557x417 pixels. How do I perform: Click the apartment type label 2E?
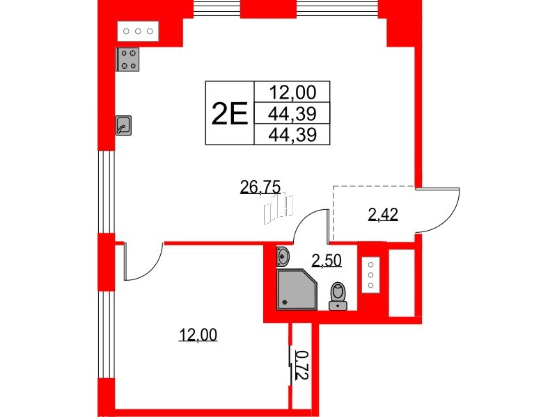click(x=229, y=113)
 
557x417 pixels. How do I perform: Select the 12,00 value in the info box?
click(x=292, y=92)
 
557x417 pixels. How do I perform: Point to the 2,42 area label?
click(x=382, y=215)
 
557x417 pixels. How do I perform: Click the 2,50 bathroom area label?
click(x=326, y=261)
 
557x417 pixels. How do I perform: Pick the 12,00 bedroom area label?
click(x=198, y=336)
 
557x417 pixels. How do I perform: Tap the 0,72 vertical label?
click(x=301, y=365)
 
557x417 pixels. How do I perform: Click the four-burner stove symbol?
click(x=127, y=59)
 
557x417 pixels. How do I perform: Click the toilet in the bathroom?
click(x=338, y=294)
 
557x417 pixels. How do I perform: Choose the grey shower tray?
click(x=295, y=289)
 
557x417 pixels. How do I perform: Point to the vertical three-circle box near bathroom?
click(x=370, y=274)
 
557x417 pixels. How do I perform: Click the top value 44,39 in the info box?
click(x=292, y=113)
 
